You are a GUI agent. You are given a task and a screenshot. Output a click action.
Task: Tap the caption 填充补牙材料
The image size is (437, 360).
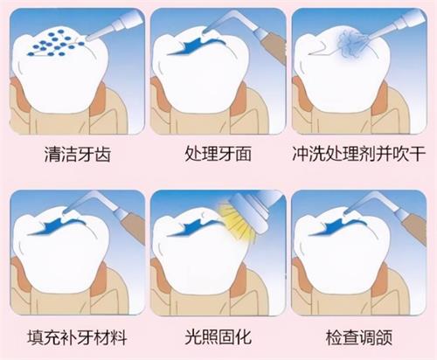(74, 336)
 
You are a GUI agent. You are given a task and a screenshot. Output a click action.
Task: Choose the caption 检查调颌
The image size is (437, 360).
(359, 336)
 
